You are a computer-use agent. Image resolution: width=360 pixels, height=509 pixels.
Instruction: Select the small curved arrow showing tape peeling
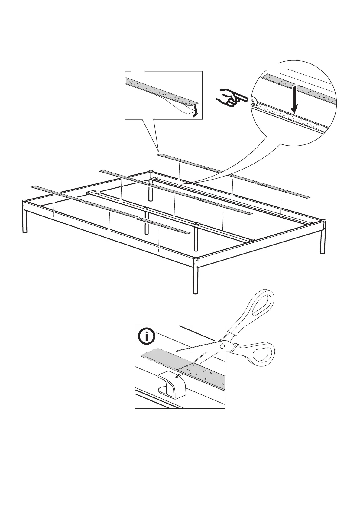pos(195,111)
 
